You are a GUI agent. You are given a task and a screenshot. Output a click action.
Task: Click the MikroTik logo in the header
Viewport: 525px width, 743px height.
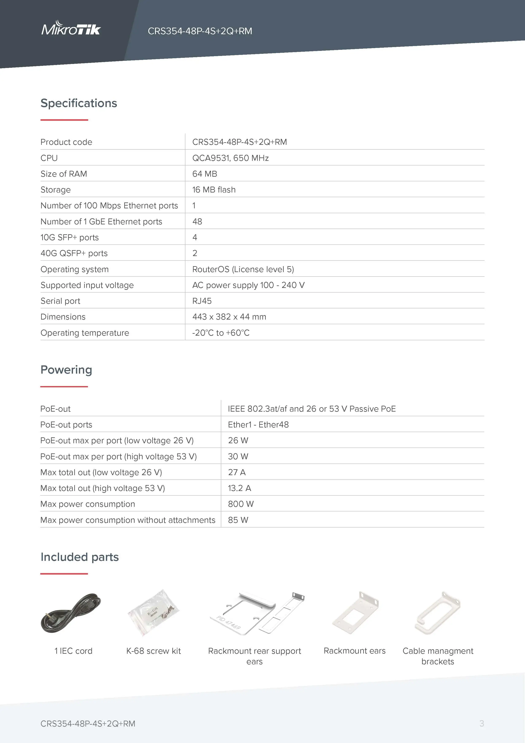pyautogui.click(x=71, y=29)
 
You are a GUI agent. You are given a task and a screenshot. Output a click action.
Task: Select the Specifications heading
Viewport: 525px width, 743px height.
pyautogui.click(x=78, y=103)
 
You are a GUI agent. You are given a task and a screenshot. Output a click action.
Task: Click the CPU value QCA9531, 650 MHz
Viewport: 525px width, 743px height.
pyautogui.click(x=230, y=158)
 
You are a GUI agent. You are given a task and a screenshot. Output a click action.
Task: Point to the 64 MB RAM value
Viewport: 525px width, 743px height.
pyautogui.click(x=204, y=174)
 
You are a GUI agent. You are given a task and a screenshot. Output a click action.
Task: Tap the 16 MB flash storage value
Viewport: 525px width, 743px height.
pyautogui.click(x=214, y=190)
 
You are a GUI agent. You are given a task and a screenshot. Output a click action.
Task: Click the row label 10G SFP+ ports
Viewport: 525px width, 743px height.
pyautogui.click(x=70, y=237)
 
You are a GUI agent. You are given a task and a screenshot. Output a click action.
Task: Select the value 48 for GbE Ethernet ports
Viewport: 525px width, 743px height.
pyautogui.click(x=197, y=221)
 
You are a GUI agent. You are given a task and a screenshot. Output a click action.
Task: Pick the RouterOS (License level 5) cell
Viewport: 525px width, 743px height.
pyautogui.click(x=243, y=269)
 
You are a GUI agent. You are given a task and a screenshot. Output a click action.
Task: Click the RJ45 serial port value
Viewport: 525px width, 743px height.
pyautogui.click(x=202, y=301)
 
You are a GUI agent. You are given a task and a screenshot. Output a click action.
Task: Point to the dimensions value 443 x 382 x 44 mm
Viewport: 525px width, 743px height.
pyautogui.click(x=229, y=317)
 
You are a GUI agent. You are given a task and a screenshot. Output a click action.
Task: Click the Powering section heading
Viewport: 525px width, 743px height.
pyautogui.click(x=66, y=370)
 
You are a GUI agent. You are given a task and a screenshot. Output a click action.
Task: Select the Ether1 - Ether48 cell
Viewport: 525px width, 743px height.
pyautogui.click(x=258, y=424)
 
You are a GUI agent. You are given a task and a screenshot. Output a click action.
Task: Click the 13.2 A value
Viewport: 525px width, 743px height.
pyautogui.click(x=239, y=488)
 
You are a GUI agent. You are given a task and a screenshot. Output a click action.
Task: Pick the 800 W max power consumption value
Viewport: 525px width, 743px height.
pyautogui.click(x=240, y=504)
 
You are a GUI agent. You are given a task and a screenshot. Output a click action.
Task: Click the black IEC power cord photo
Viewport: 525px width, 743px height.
pyautogui.click(x=71, y=613)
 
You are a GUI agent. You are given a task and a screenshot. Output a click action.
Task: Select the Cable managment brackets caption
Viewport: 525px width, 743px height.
pyautogui.click(x=438, y=656)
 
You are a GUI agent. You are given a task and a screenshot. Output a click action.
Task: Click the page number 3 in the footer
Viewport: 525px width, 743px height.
pyautogui.click(x=481, y=723)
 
